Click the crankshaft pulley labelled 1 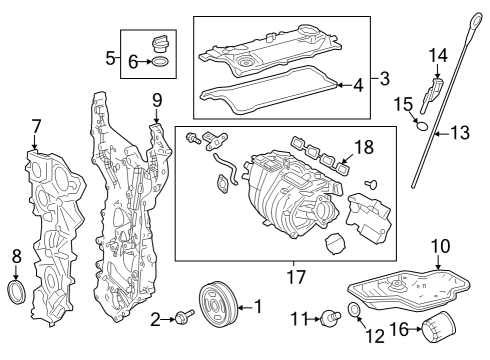(x=218, y=304)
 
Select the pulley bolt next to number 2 (x=185, y=316)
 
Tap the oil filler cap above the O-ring (x=160, y=43)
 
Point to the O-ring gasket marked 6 (x=160, y=62)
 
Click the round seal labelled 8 (x=16, y=292)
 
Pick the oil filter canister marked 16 (x=439, y=327)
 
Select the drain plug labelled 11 (x=331, y=318)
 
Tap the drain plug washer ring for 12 (x=354, y=309)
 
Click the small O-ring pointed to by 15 (x=422, y=126)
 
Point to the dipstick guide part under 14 (x=432, y=94)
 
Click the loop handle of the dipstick (x=475, y=25)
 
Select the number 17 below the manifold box (x=296, y=277)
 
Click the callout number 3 (x=385, y=79)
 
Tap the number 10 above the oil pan (x=441, y=246)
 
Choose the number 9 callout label (x=157, y=100)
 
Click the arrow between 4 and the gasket (x=345, y=85)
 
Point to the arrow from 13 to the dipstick (x=442, y=134)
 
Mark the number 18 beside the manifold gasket (x=364, y=147)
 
